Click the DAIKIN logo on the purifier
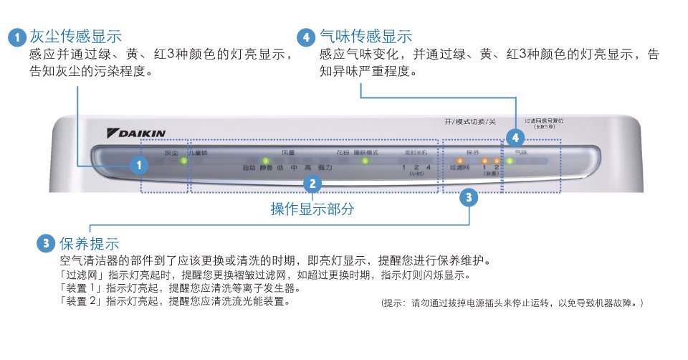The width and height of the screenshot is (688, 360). (x=136, y=133)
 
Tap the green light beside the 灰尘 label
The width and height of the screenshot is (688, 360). (x=184, y=161)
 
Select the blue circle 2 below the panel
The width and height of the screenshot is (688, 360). (x=312, y=184)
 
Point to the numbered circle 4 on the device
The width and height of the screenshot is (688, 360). (x=514, y=137)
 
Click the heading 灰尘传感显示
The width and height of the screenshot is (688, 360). (x=75, y=37)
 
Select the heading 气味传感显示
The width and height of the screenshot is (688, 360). (x=365, y=37)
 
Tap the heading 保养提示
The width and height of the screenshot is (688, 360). (x=89, y=244)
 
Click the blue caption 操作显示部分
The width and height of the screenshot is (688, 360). (x=312, y=209)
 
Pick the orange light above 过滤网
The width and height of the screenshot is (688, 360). (x=459, y=161)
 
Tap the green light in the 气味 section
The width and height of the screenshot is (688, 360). (x=510, y=161)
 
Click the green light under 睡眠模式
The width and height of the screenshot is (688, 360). (x=364, y=161)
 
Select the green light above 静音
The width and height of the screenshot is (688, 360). (x=266, y=161)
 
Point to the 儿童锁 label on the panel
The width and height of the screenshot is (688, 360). (x=199, y=152)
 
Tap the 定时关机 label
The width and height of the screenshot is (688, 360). (x=416, y=152)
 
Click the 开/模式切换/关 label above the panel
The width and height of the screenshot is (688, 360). (x=469, y=121)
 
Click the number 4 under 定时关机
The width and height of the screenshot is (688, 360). (x=428, y=168)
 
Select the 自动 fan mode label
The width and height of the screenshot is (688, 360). (x=249, y=168)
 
